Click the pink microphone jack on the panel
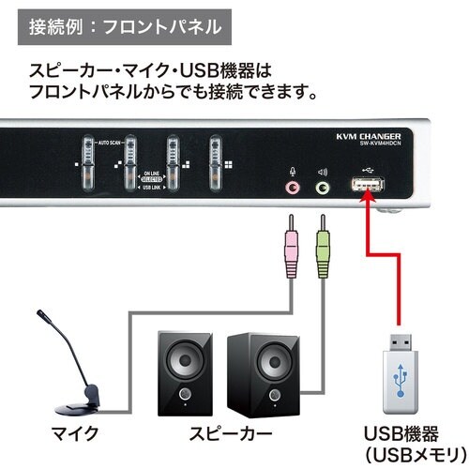click(x=295, y=188)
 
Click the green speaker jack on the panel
click(x=324, y=188)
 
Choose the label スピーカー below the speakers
click(x=222, y=432)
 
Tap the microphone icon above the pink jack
click(x=294, y=172)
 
